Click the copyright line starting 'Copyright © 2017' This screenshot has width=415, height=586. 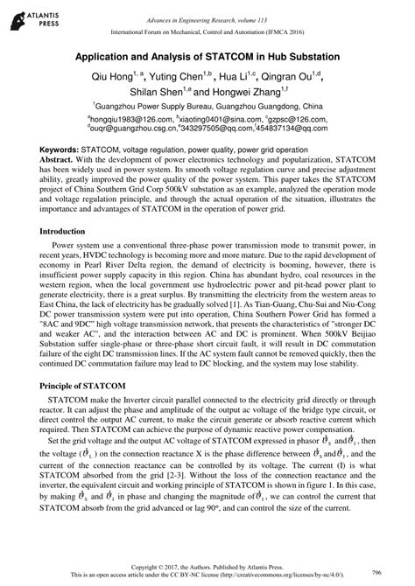click(x=207, y=567)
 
